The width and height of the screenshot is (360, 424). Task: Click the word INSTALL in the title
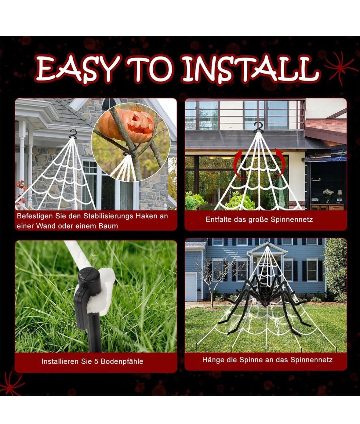click(252, 69)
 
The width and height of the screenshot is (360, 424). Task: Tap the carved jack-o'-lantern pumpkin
click(126, 125)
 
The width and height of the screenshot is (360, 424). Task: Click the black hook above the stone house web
click(73, 133)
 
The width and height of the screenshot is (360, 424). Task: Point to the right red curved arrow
click(278, 163)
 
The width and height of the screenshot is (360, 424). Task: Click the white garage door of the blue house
click(191, 287)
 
